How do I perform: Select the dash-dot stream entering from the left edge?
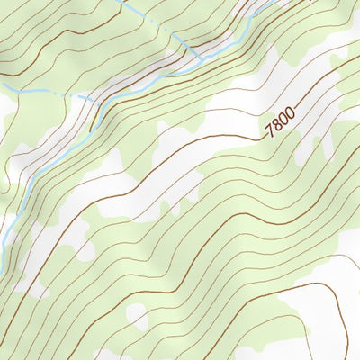pos(36,92)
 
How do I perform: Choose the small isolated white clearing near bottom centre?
pos(137,315)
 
